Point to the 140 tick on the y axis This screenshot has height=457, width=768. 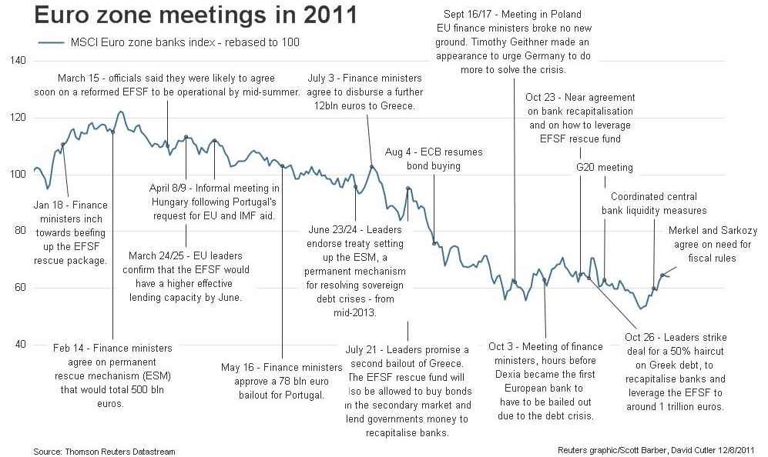(x=18, y=61)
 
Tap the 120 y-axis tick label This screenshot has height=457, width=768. (x=18, y=118)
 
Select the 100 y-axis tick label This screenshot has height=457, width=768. (x=18, y=175)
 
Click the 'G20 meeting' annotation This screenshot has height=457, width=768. (x=604, y=168)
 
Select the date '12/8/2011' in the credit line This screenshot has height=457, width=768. (x=736, y=450)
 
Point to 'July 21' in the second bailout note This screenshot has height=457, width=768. (x=364, y=349)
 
